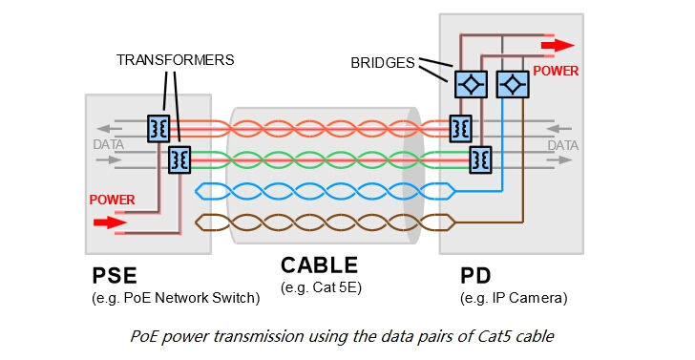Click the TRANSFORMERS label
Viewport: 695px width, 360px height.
click(x=175, y=59)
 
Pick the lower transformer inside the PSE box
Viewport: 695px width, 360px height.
click(x=179, y=159)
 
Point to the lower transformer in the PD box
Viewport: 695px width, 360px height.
click(x=480, y=159)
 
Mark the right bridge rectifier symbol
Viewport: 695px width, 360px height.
click(x=514, y=83)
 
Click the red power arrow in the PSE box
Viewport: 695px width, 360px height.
click(x=109, y=223)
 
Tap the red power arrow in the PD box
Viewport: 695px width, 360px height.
click(x=558, y=45)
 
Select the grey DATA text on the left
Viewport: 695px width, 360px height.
click(x=108, y=145)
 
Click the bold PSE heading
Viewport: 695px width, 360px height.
click(x=115, y=276)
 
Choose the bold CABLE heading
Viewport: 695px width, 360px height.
click(x=319, y=265)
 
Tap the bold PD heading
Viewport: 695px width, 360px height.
click(x=475, y=276)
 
